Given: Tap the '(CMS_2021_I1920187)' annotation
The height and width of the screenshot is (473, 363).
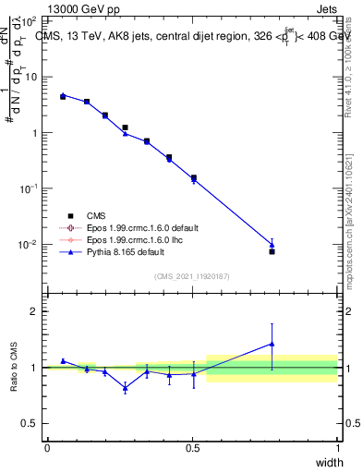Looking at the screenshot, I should click(192, 275).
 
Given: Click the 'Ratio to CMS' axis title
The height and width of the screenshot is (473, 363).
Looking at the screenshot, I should click(15, 367).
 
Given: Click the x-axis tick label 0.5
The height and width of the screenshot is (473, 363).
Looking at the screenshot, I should click(192, 448).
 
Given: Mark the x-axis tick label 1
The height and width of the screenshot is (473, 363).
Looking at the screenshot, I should click(338, 448).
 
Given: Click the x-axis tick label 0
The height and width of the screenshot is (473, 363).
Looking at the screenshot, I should click(47, 448).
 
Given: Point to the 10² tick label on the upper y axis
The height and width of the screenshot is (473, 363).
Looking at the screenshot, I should click(30, 20).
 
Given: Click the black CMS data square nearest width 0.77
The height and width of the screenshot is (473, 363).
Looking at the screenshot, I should click(272, 251).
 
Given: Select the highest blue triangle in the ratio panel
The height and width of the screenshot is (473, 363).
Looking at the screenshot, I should click(272, 344).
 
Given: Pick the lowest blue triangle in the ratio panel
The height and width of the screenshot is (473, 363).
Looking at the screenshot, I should click(125, 388).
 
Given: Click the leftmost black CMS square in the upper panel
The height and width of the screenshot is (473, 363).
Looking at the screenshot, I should click(63, 96).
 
